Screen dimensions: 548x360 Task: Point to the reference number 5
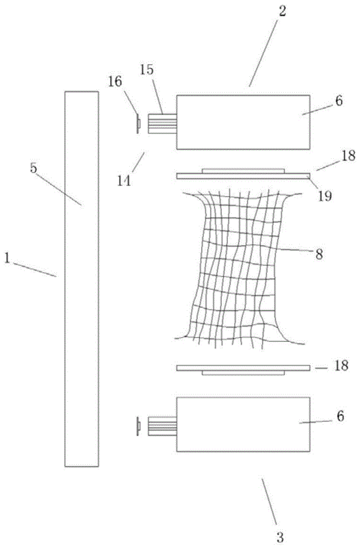pos(33,168)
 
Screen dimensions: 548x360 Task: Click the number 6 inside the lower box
pos(340,416)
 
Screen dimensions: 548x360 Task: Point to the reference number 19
pos(325,196)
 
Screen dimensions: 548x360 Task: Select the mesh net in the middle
pos(241,269)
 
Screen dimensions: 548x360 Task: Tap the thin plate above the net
pos(243,175)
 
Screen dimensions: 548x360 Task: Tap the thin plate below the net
pos(243,368)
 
